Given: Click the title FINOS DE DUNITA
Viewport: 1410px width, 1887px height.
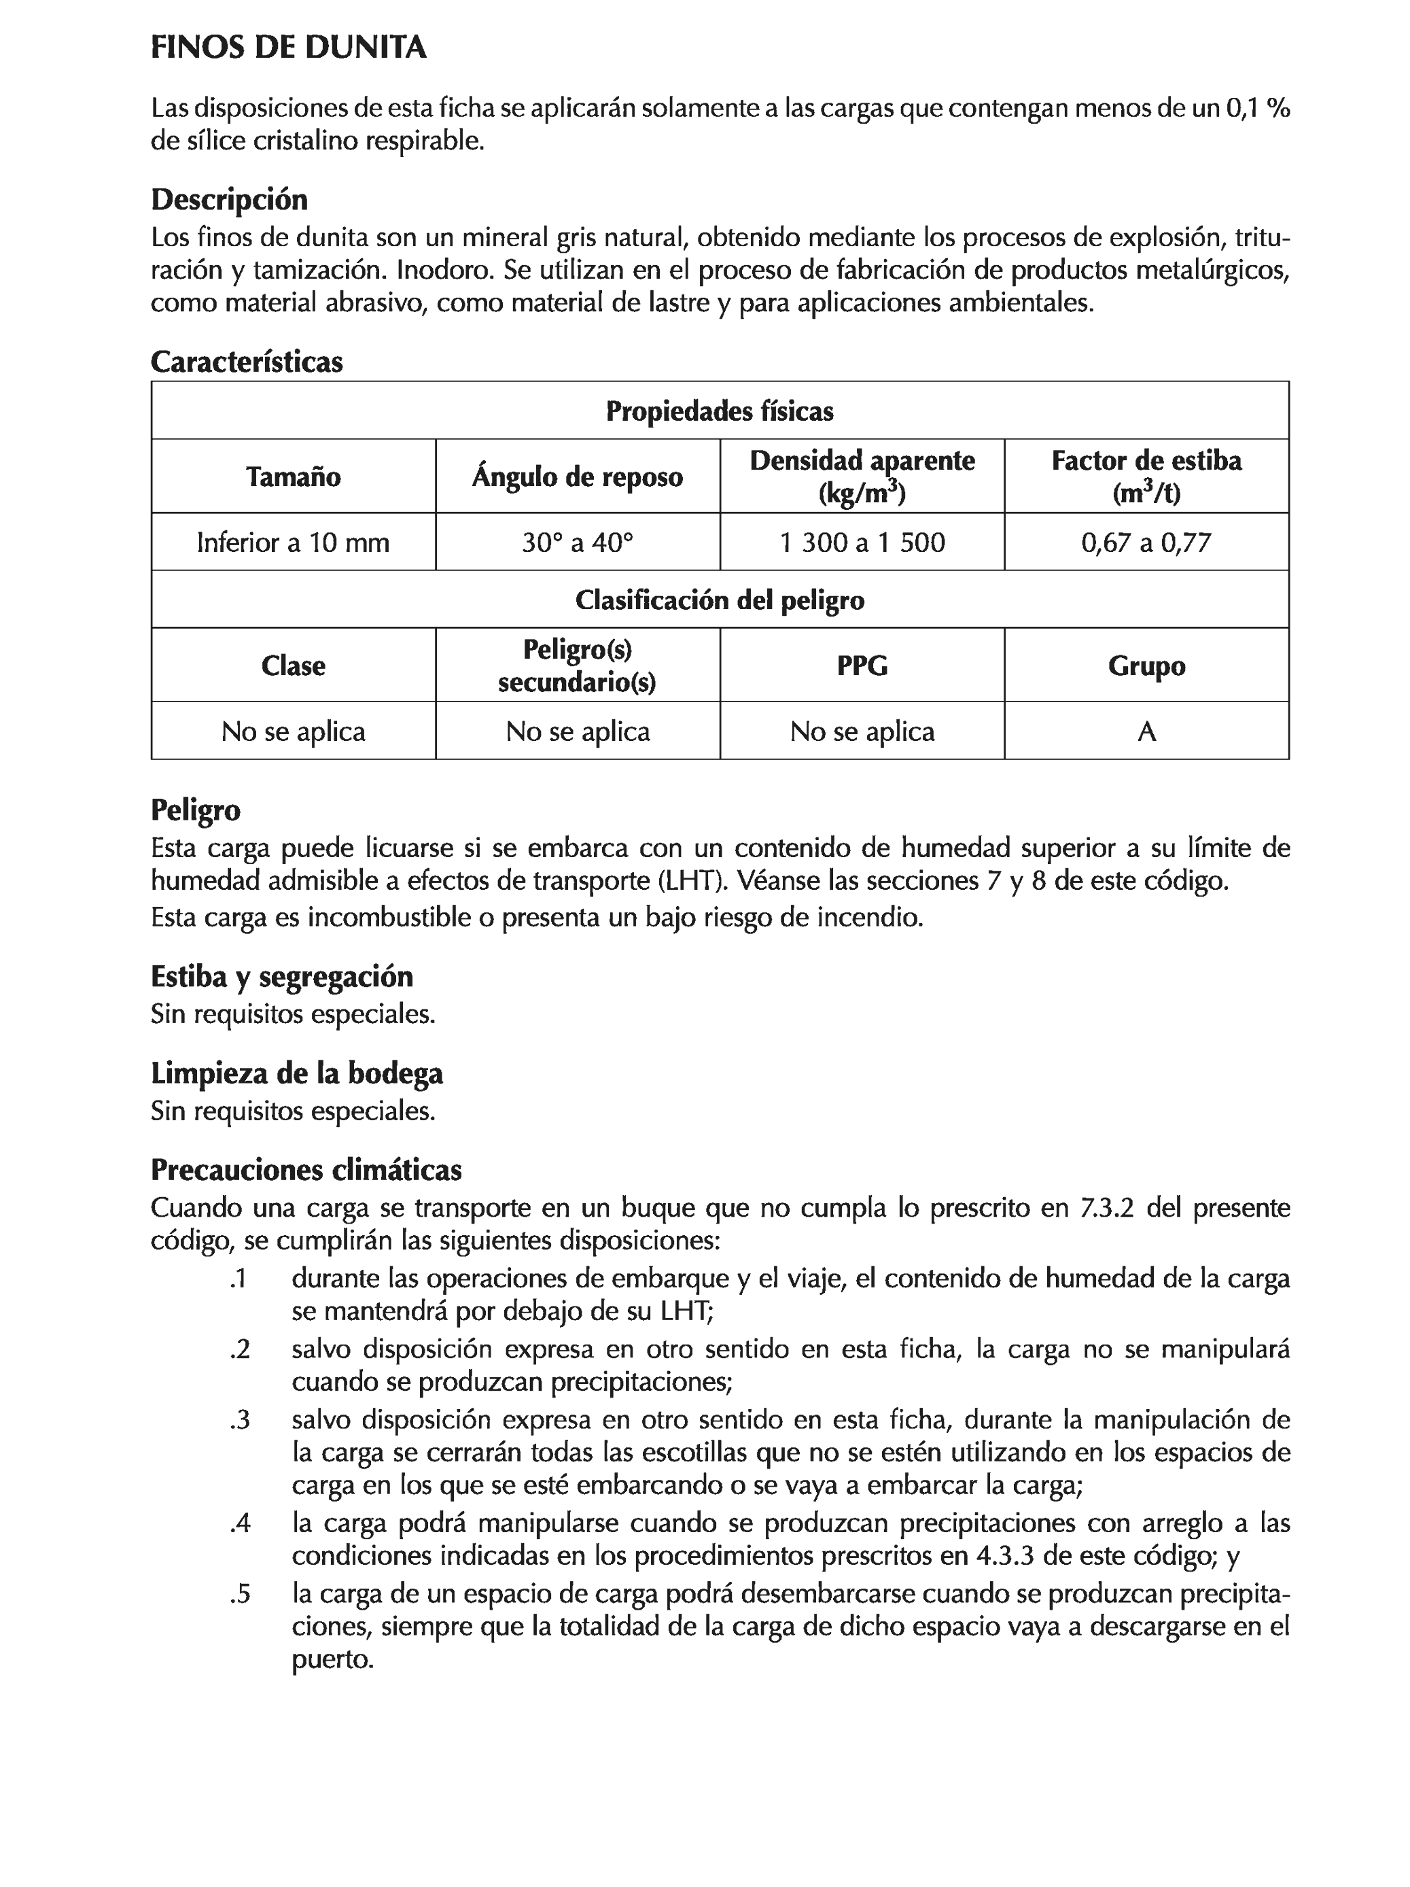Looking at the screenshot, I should [x=288, y=48].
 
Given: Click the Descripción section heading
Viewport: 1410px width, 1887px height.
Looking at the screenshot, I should [x=228, y=200].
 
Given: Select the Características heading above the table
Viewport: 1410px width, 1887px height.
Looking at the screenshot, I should [x=247, y=362].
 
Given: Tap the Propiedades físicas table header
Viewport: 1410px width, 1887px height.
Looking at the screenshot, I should [x=719, y=411].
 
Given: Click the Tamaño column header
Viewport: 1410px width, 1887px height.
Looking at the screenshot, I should [x=294, y=476].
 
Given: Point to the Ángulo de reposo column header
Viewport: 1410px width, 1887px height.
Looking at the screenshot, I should [x=578, y=476].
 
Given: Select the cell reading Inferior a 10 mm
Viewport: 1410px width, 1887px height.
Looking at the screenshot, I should [x=294, y=542].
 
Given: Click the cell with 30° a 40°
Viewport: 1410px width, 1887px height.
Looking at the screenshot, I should [x=578, y=542].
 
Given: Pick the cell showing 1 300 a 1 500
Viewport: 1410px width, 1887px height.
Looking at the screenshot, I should [x=862, y=542].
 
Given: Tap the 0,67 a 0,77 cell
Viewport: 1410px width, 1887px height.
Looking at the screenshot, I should [x=1146, y=542].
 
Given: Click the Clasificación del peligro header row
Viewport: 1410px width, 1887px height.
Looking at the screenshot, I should [x=719, y=600].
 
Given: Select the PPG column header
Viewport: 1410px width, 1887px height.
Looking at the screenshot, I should [x=862, y=665].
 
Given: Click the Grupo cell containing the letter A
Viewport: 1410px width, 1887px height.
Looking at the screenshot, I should [x=1146, y=731].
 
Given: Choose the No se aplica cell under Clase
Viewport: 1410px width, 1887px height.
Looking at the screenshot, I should [x=294, y=731].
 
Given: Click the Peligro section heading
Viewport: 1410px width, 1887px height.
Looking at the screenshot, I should [x=195, y=809].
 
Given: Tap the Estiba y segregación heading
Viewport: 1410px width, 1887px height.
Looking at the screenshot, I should [x=281, y=976].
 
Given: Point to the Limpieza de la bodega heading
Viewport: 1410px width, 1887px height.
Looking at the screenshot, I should [x=297, y=1073].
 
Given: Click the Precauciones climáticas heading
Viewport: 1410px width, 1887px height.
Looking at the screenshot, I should [x=306, y=1170].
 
